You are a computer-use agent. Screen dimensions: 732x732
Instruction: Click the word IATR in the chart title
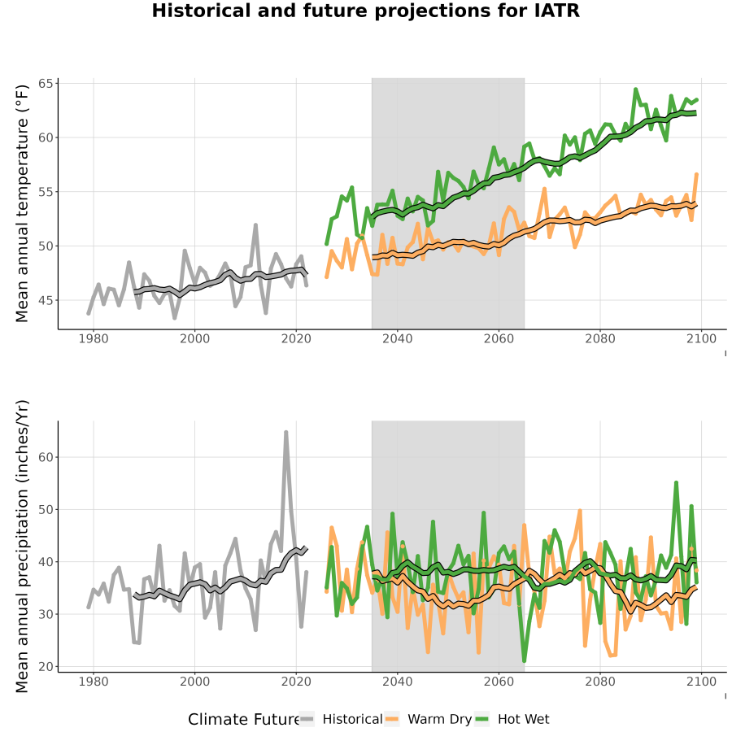(x=557, y=11)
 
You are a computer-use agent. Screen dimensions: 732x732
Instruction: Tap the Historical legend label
(x=352, y=719)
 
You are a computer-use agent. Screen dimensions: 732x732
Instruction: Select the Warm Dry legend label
(x=440, y=719)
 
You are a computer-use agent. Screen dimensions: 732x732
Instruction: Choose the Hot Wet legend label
(x=523, y=719)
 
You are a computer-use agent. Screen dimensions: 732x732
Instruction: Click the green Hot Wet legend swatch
(x=481, y=719)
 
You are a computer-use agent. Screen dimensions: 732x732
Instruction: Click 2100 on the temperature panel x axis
(x=701, y=338)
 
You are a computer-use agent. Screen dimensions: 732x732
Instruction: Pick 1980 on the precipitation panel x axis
(x=94, y=682)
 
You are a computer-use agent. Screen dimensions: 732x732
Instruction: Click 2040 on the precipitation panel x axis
(x=397, y=682)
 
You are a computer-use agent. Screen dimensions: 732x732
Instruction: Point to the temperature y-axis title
(x=22, y=203)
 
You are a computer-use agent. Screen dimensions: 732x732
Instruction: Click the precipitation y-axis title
(x=22, y=547)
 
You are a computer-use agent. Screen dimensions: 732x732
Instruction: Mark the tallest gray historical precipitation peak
(x=285, y=433)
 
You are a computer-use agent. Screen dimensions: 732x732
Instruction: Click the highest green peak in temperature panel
(x=636, y=89)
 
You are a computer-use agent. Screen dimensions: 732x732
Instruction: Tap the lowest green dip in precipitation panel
(x=525, y=660)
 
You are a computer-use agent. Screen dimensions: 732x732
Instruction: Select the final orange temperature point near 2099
(x=696, y=175)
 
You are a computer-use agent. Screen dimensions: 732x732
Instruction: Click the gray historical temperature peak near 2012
(x=255, y=225)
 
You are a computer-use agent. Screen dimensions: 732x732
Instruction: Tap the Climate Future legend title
(x=243, y=720)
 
